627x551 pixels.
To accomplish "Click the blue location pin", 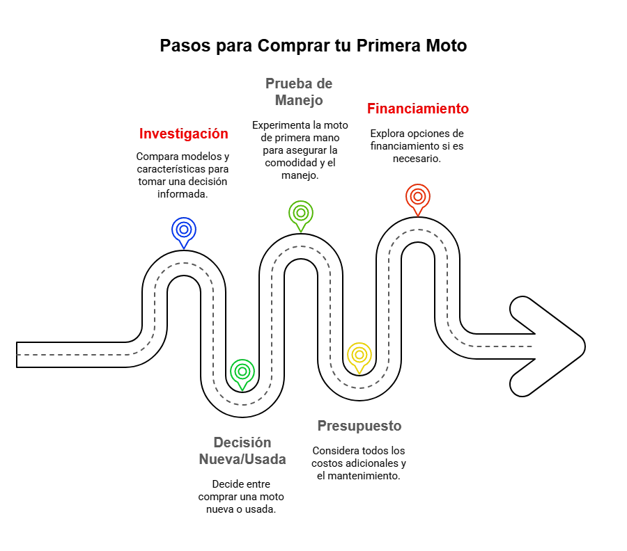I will click(x=183, y=231).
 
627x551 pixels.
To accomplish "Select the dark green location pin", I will click(x=242, y=372).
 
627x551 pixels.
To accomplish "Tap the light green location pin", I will click(x=300, y=215).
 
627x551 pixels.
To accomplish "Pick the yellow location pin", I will click(x=359, y=357).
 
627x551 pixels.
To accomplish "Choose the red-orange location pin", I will click(x=417, y=198).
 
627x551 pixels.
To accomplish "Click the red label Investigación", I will click(x=183, y=134).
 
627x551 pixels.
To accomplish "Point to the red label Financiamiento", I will click(x=418, y=109).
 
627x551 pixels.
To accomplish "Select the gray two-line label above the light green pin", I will click(x=298, y=92).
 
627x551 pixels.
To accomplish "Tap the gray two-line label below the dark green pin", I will click(x=242, y=452).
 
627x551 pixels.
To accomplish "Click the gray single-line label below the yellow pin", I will click(x=361, y=426).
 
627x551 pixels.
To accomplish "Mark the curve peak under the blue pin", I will click(x=183, y=264).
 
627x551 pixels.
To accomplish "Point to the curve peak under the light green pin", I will click(x=300, y=247).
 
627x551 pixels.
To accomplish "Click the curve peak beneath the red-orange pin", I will click(x=417, y=230).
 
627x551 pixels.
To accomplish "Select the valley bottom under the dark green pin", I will click(x=242, y=403).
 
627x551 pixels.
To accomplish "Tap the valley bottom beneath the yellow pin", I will click(x=359, y=385).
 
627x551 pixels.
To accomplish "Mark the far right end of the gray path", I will click(x=534, y=347).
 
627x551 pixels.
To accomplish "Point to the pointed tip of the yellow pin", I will click(x=359, y=374).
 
